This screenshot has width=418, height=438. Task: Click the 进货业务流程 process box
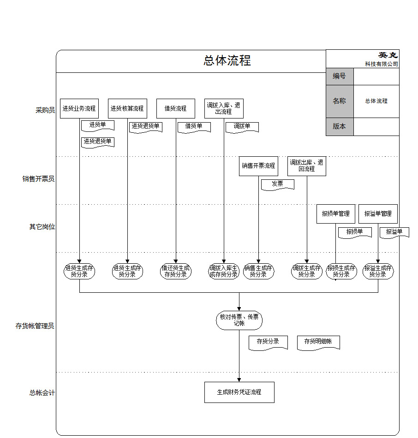pyautogui.click(x=79, y=109)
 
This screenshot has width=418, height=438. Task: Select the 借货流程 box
pyautogui.click(x=176, y=109)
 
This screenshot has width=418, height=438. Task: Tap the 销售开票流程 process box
pyautogui.click(x=258, y=166)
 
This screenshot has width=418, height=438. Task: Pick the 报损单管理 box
pyautogui.click(x=336, y=214)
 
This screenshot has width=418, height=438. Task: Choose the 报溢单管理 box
pyautogui.click(x=378, y=214)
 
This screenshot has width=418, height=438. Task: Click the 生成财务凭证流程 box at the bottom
pyautogui.click(x=239, y=392)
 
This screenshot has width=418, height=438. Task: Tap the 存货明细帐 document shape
pyautogui.click(x=318, y=342)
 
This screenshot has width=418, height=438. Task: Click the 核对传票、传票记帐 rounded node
pyautogui.click(x=239, y=320)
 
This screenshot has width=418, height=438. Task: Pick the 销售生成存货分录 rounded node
pyautogui.click(x=258, y=271)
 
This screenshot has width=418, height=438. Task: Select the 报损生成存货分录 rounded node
pyautogui.click(x=341, y=271)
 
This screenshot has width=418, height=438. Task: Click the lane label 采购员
pyautogui.click(x=45, y=110)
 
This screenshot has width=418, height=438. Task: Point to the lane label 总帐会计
pyautogui.click(x=42, y=393)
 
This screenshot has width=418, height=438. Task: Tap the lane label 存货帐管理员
pyautogui.click(x=35, y=326)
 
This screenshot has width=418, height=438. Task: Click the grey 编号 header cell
pyautogui.click(x=340, y=76)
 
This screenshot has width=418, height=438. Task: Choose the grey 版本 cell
pyautogui.click(x=340, y=126)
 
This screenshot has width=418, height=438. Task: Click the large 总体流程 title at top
pyautogui.click(x=227, y=61)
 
